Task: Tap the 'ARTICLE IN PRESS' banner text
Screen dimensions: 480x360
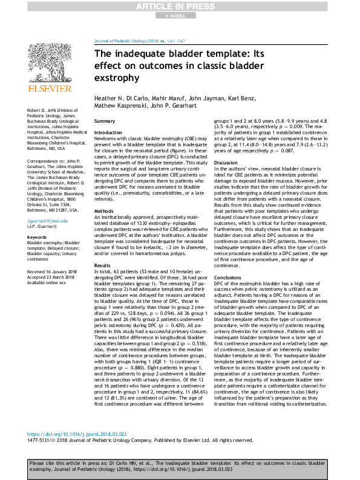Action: point(180,5)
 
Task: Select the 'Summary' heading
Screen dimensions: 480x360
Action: point(105,122)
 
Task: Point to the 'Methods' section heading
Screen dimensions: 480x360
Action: point(104,211)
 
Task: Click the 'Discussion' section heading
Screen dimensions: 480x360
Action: point(226,163)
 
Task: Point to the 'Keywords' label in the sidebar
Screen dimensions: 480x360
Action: point(37,238)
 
